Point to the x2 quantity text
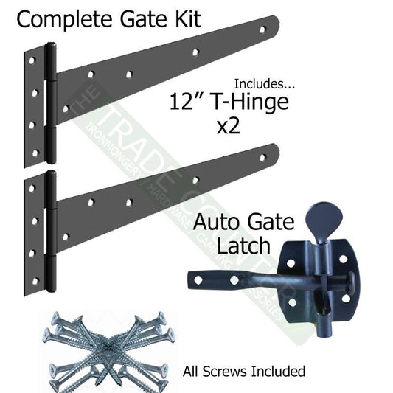click(231, 129)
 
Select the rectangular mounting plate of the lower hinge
click(34, 226)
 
